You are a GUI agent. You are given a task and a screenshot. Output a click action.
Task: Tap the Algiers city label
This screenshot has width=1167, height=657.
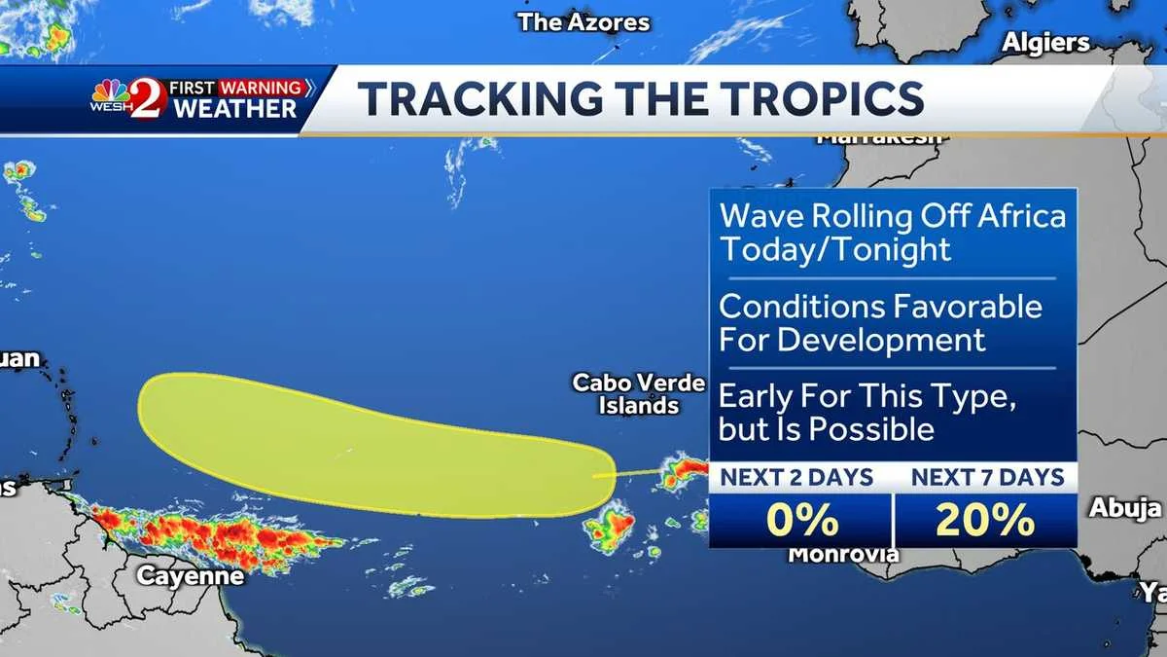tap(1045, 42)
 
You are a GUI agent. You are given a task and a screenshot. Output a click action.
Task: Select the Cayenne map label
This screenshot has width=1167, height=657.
tap(190, 575)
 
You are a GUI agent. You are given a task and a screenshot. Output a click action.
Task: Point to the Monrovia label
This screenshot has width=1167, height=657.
tap(842, 555)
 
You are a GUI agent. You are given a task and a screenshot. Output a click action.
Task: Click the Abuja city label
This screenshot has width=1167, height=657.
tap(1125, 507)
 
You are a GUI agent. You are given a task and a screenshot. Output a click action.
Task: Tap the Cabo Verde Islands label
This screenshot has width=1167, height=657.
tap(638, 394)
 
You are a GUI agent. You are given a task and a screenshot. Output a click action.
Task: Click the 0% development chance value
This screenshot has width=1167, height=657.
tap(800, 521)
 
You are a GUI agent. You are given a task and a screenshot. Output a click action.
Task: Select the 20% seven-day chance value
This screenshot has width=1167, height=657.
tap(984, 521)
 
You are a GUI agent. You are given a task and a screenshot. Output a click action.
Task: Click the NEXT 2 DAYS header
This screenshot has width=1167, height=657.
tap(797, 477)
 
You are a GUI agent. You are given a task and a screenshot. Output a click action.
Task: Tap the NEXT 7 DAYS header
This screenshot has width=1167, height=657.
tap(987, 477)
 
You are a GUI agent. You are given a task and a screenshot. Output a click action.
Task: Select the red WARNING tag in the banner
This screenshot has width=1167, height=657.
tap(260, 88)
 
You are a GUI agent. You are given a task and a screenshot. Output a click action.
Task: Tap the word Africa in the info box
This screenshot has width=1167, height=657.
tap(1017, 216)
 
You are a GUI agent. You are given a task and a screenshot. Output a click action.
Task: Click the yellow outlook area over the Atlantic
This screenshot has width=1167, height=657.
tap(370, 443)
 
